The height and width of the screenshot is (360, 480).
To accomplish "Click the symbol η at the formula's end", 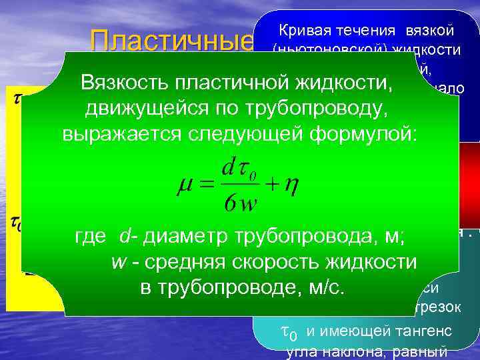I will click(x=291, y=186).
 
